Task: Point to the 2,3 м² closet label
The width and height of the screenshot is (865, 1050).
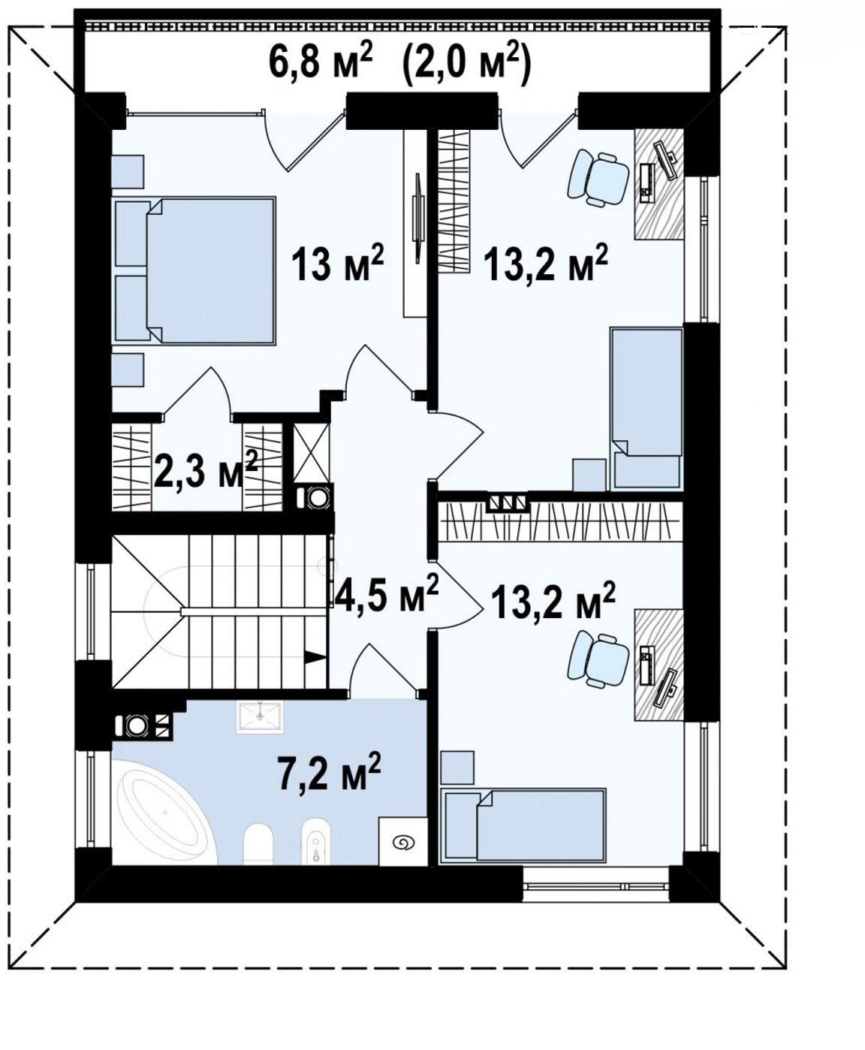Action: point(206,469)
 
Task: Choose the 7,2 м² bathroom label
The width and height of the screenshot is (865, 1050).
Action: point(328,773)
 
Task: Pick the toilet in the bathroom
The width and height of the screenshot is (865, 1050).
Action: point(258,844)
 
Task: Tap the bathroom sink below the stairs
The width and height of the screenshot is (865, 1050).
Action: point(260,716)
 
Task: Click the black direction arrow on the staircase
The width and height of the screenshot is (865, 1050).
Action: point(315,657)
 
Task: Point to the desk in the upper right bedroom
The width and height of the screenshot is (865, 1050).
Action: point(659,185)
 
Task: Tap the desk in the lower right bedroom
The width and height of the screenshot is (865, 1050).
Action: point(659,665)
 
